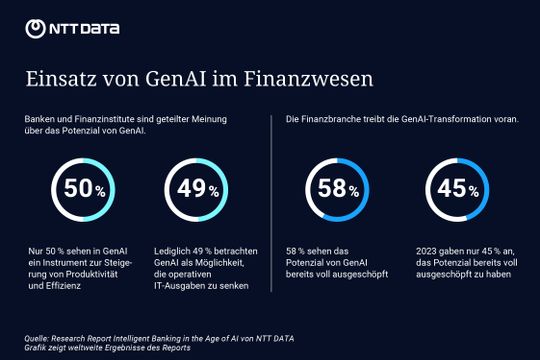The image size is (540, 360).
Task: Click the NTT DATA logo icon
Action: click(x=35, y=28)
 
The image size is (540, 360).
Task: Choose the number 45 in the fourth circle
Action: click(x=452, y=187)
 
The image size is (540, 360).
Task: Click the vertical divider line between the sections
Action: click(x=271, y=200)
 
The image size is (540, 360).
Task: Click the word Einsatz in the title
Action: click(x=56, y=77)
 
